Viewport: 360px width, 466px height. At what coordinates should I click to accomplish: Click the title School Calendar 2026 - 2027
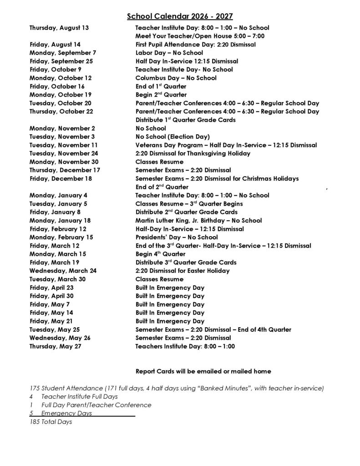click(180, 16)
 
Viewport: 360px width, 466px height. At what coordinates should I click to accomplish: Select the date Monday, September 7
click(63, 53)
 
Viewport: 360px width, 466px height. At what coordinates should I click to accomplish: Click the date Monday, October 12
click(61, 78)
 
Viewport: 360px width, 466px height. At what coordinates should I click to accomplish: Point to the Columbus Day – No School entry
click(176, 78)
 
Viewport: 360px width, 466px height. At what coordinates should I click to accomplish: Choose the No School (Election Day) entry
click(172, 137)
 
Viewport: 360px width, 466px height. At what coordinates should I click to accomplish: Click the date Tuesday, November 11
click(64, 145)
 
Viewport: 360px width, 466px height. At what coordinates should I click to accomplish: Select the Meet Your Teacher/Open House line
click(200, 36)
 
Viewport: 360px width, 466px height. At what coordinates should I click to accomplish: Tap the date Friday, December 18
click(61, 178)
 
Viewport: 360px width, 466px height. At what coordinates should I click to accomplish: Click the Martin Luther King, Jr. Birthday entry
click(198, 220)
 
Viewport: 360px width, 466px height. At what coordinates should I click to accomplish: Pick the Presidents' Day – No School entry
click(177, 237)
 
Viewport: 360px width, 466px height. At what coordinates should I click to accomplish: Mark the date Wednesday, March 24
click(63, 271)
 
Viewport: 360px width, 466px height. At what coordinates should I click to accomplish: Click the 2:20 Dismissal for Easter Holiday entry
click(183, 271)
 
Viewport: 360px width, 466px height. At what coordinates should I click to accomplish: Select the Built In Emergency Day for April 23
click(170, 288)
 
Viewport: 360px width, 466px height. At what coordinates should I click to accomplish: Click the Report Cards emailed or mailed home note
click(203, 371)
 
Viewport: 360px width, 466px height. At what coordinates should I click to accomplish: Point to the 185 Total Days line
click(51, 422)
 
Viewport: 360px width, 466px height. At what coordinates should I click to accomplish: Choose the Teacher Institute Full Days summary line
click(73, 396)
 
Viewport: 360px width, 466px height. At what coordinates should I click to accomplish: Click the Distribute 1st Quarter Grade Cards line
click(185, 120)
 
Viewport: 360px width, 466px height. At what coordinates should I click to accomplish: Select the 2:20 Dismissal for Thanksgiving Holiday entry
click(193, 153)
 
